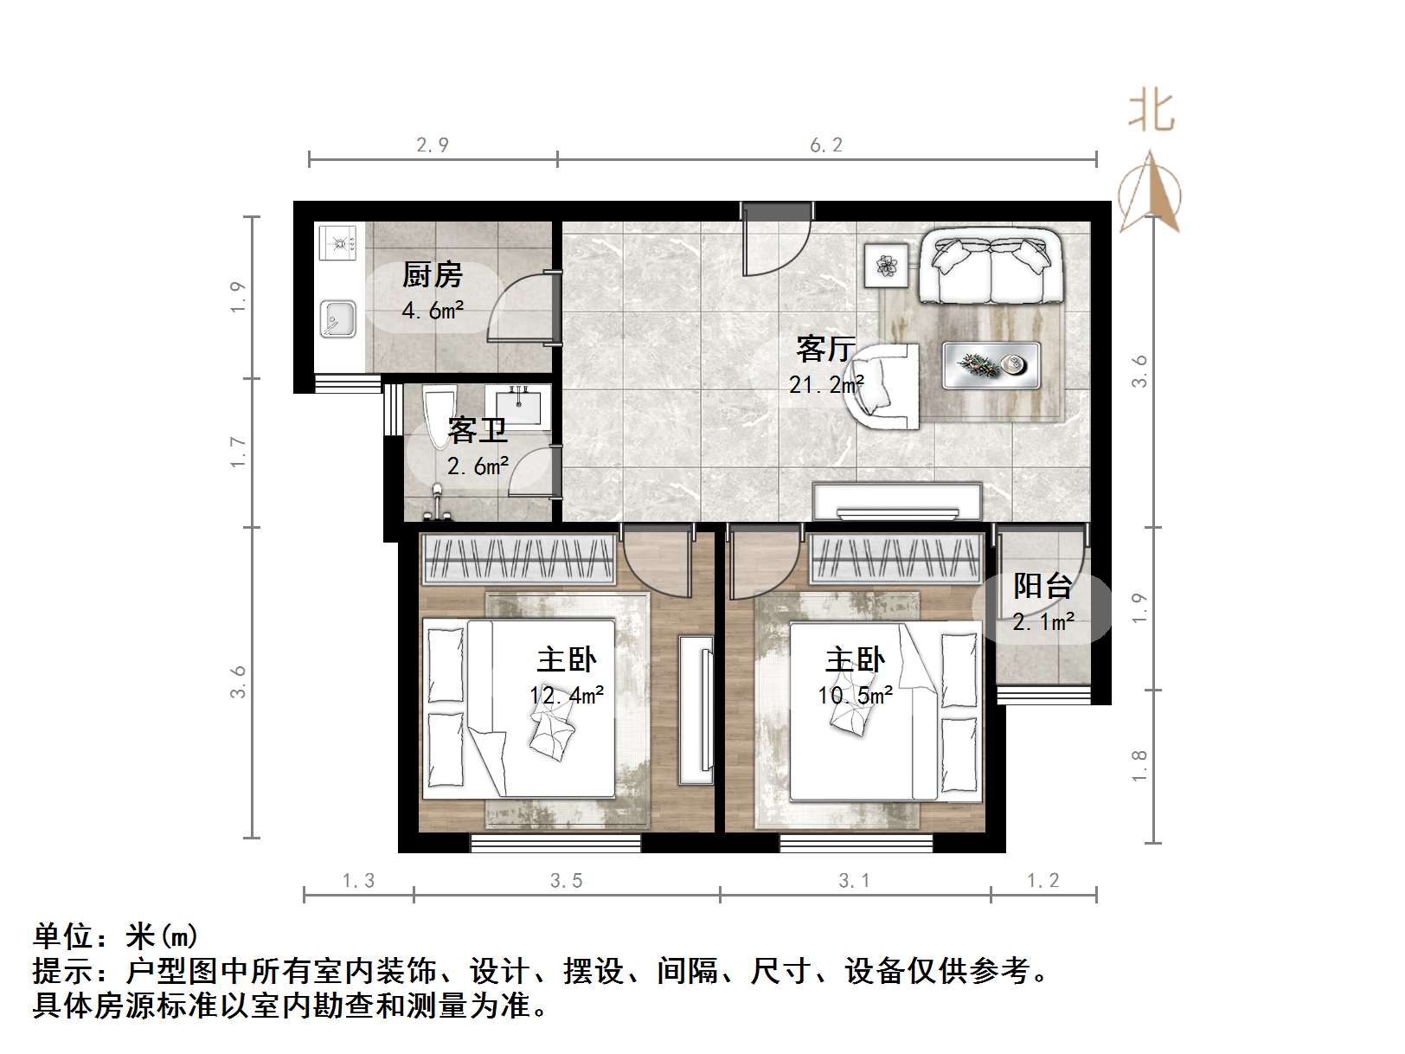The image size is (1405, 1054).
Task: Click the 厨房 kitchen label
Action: click(432, 275)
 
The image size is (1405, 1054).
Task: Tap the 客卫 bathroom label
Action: click(478, 430)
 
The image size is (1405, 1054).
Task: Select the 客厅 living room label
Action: click(825, 349)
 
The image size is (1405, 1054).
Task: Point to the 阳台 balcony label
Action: click(1043, 586)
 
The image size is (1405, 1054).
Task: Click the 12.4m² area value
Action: click(567, 695)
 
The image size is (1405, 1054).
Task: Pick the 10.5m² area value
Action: click(856, 695)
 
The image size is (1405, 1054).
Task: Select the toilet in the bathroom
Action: click(439, 416)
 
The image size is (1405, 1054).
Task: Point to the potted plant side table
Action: click(886, 264)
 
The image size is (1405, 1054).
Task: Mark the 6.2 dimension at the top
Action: click(825, 145)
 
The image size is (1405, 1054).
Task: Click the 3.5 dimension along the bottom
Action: click(566, 881)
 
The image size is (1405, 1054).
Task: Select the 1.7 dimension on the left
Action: click(239, 453)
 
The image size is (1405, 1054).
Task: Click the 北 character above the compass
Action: click(1151, 112)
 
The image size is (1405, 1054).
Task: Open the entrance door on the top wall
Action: click(777, 239)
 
